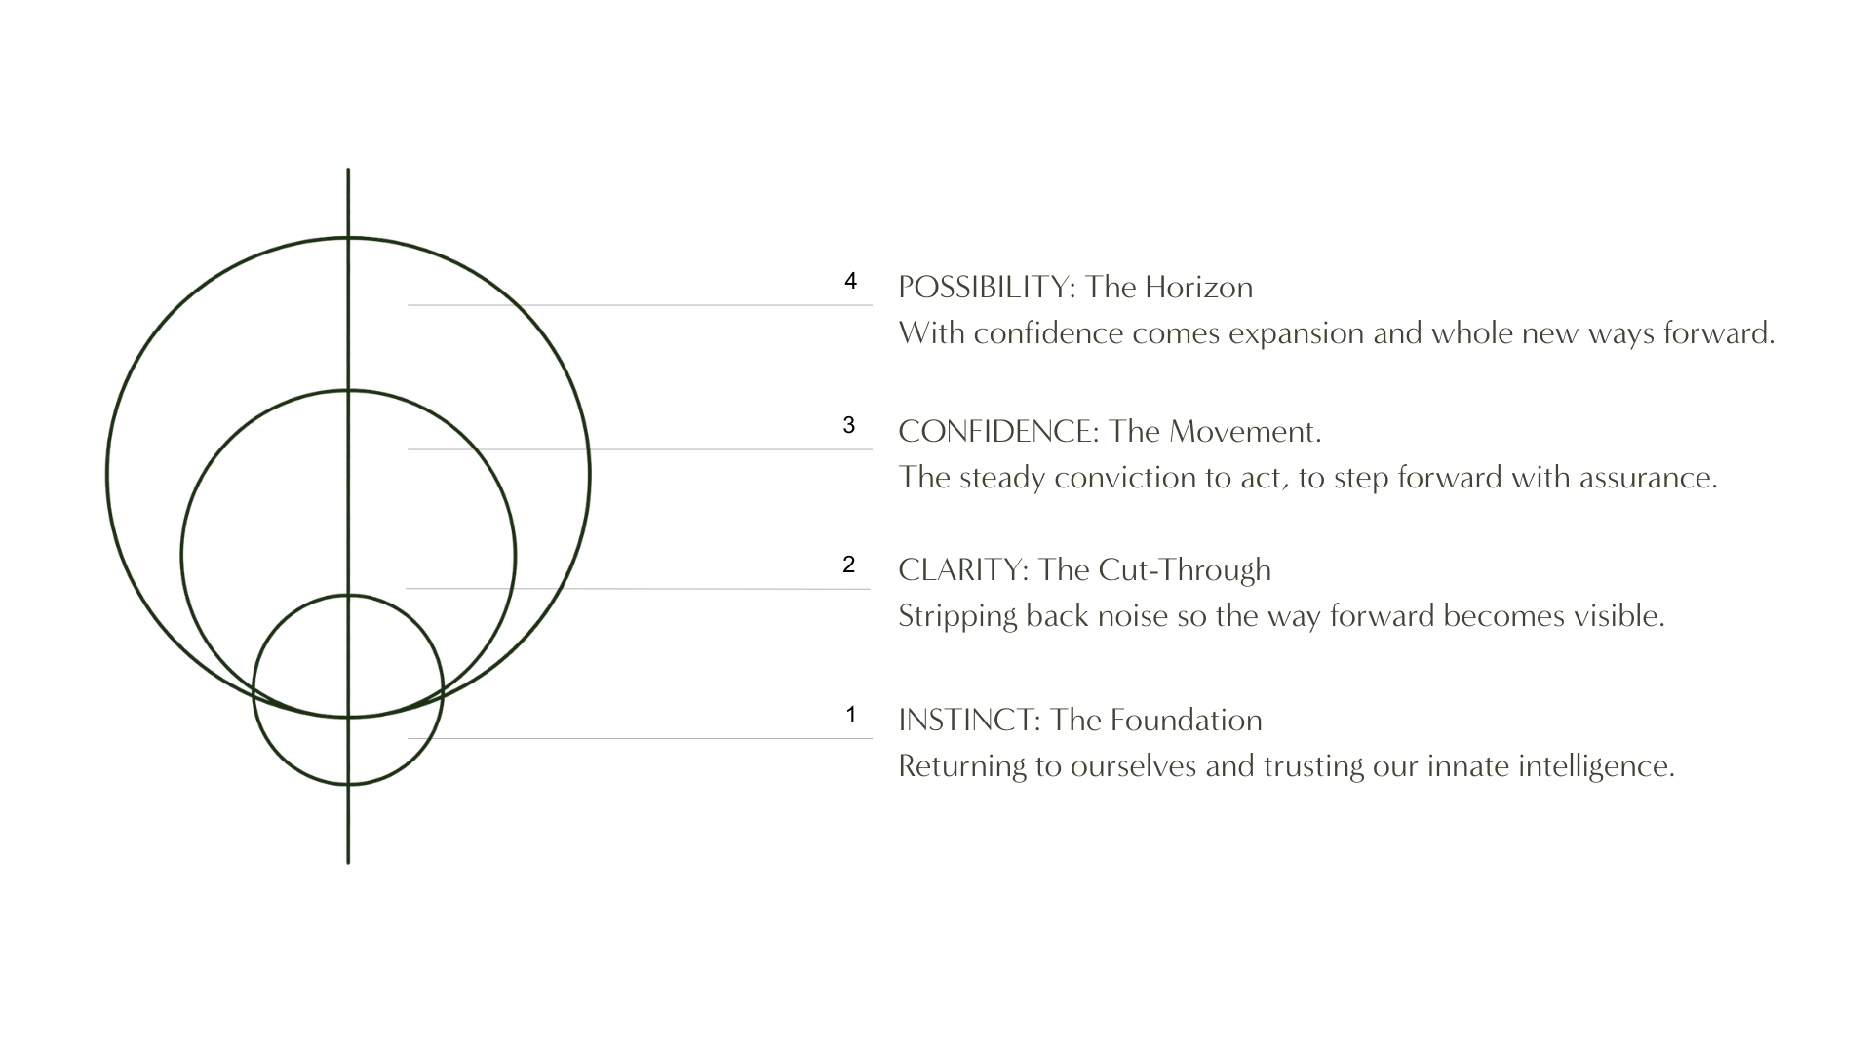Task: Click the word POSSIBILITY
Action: pos(985,288)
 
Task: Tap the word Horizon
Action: pos(1197,288)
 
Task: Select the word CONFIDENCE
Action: pos(997,432)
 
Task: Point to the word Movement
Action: pos(1244,432)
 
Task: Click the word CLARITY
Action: pos(962,570)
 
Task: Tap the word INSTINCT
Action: pos(969,721)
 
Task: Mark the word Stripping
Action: pos(957,617)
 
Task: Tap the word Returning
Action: pos(962,767)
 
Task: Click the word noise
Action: pos(1133,617)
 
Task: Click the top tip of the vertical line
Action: pos(348,170)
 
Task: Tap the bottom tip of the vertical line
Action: pos(348,863)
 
